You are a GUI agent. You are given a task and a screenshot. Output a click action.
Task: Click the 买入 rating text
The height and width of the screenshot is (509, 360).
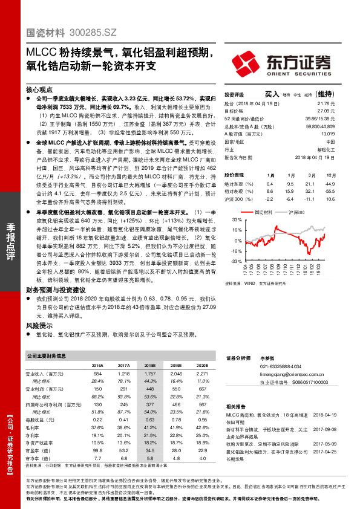272,94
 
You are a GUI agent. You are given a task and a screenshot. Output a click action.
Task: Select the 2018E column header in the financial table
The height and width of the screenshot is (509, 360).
149,366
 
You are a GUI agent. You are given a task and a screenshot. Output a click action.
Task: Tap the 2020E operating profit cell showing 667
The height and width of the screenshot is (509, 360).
202,389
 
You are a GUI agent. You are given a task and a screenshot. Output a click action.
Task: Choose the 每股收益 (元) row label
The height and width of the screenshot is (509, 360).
39,419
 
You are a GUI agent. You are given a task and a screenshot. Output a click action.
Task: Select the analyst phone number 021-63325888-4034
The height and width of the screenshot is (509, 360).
281,367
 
